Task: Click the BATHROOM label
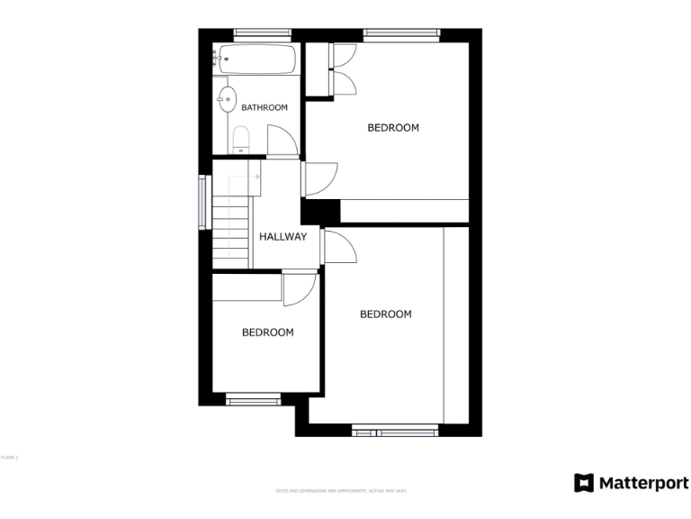pos(265,107)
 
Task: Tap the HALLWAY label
pos(283,237)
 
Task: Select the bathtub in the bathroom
pos(255,60)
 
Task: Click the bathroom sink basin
pos(226,98)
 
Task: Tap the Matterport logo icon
pos(584,483)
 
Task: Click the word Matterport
pos(644,483)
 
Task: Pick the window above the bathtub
pos(263,34)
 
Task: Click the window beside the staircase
pos(202,202)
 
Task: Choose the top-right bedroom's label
pos(393,128)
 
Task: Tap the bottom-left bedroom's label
pos(267,332)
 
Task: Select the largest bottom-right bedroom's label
pos(385,314)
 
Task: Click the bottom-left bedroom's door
pos(300,288)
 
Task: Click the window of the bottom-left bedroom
pos(253,398)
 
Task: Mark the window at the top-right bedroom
pos(401,34)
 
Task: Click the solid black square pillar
pos(319,212)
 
